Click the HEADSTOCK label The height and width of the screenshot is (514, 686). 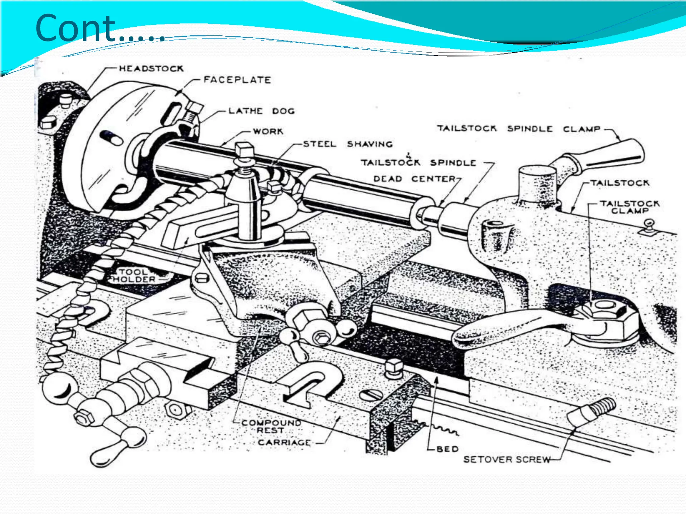tap(151, 69)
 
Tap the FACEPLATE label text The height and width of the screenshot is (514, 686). tap(237, 80)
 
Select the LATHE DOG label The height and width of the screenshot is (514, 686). tap(261, 111)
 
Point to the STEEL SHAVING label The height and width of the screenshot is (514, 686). tap(348, 144)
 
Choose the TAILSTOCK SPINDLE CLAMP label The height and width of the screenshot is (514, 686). tap(519, 129)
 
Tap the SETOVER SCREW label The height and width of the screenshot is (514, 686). tap(507, 459)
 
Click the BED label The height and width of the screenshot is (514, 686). tap(448, 449)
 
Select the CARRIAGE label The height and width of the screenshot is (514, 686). tap(284, 442)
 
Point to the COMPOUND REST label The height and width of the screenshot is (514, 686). tap(271, 427)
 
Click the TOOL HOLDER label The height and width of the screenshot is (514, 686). tap(134, 276)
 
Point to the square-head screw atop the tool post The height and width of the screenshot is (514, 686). tap(245, 150)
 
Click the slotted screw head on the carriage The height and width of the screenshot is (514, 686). tap(371, 395)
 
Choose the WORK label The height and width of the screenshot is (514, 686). tap(268, 132)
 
